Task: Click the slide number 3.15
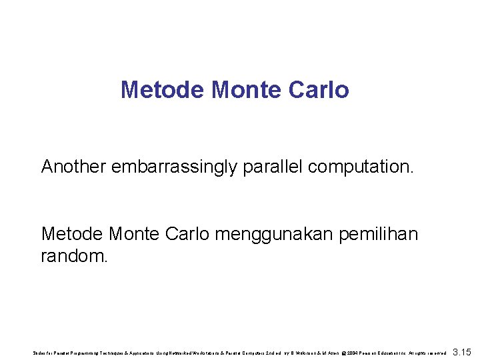tap(462, 351)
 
